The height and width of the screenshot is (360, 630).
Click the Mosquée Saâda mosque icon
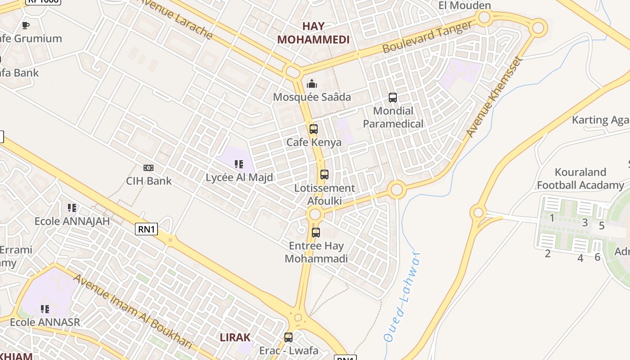click(x=311, y=84)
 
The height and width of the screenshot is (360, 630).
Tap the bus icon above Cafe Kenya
click(x=314, y=129)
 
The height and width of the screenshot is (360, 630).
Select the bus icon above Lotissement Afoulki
click(x=324, y=175)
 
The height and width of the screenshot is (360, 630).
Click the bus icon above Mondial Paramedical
click(x=393, y=98)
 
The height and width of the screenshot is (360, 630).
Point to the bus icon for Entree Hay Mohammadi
click(x=316, y=233)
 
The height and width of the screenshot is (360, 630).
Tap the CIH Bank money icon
click(x=148, y=168)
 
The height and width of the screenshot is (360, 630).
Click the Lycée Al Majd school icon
click(x=239, y=164)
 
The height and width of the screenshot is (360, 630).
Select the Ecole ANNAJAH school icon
click(x=72, y=208)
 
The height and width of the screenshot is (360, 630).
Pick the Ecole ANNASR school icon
click(x=45, y=309)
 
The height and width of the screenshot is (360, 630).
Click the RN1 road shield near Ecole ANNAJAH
click(x=147, y=229)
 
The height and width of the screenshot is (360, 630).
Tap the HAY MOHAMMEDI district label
click(x=313, y=33)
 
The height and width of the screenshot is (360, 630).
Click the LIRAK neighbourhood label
click(x=235, y=337)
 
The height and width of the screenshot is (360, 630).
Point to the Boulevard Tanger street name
click(x=427, y=37)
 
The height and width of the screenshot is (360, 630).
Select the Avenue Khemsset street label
click(x=495, y=97)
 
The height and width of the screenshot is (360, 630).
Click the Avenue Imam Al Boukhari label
click(x=132, y=311)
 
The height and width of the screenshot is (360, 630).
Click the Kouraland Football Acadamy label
click(x=580, y=179)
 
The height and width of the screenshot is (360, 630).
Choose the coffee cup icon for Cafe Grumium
click(x=26, y=25)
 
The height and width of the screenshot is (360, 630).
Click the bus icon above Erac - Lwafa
click(x=288, y=337)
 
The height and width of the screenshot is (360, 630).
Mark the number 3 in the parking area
click(x=585, y=222)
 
